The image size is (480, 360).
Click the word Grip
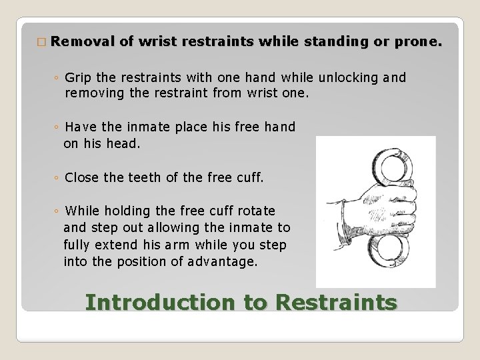point(79,78)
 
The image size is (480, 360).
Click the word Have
point(80,127)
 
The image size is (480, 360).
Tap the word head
point(125,143)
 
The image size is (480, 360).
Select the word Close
point(82,178)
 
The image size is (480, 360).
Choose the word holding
point(127,211)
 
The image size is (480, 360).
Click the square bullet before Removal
point(41,43)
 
